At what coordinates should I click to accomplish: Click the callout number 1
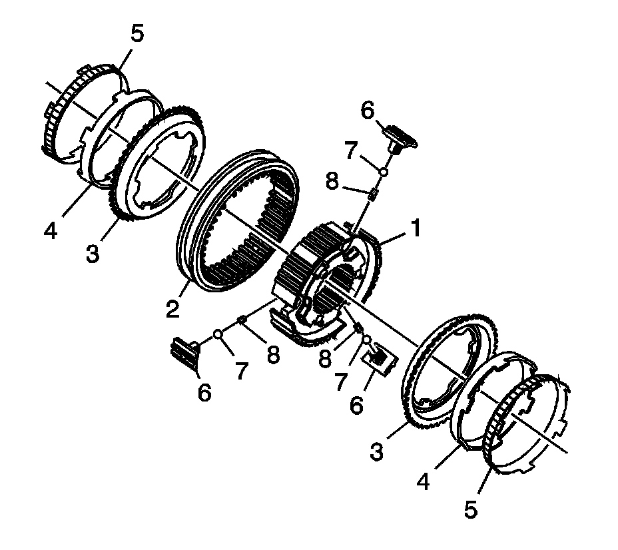[x=416, y=230]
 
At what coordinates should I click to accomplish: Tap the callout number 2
[x=172, y=308]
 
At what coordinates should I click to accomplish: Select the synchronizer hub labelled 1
[x=326, y=266]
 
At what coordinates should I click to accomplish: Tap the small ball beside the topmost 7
[x=384, y=172]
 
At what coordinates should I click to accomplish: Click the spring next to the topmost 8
[x=374, y=195]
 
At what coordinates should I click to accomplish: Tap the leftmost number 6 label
[x=204, y=392]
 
